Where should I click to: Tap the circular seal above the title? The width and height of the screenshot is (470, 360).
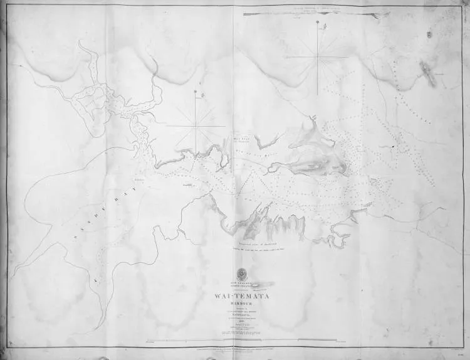pos(241,273)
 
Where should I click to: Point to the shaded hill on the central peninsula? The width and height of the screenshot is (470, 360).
pos(313,164)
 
